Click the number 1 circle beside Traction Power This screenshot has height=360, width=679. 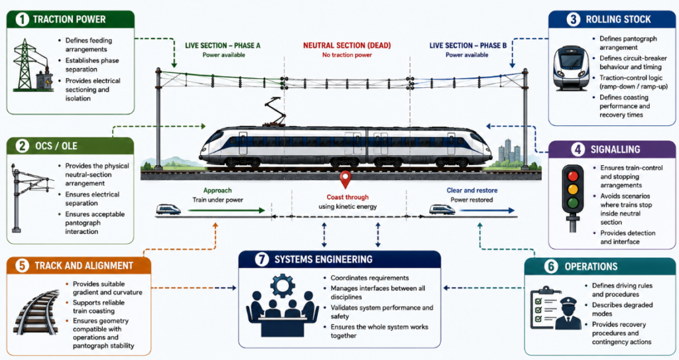(x=22, y=19)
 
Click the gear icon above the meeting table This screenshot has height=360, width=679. (x=282, y=286)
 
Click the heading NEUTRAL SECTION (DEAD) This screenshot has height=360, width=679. (x=347, y=46)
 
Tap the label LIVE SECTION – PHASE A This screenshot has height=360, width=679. (x=223, y=46)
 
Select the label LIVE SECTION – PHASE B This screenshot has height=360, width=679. (x=467, y=46)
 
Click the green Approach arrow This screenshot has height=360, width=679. (x=226, y=211)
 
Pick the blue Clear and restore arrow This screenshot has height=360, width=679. (x=487, y=211)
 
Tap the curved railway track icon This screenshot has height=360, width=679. (x=36, y=312)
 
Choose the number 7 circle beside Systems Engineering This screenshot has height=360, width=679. (x=261, y=259)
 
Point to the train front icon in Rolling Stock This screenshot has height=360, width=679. (x=571, y=68)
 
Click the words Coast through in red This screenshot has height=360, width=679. (x=347, y=197)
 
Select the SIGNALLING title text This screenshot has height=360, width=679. (x=615, y=149)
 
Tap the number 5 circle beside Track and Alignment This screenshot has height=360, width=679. (x=22, y=266)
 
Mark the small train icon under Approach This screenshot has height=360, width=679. (x=168, y=210)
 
